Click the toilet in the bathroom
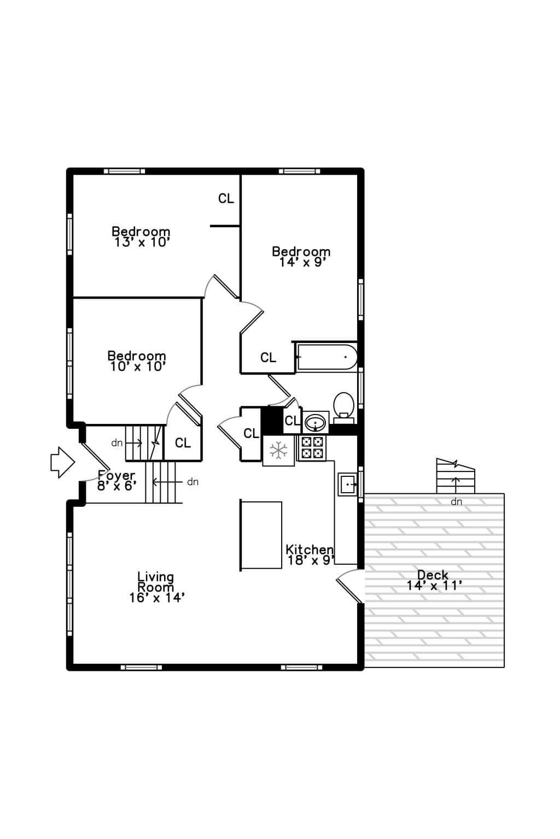click(x=343, y=407)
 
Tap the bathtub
click(x=326, y=357)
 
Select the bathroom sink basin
click(x=316, y=423)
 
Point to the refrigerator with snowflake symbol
click(x=278, y=450)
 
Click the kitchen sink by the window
click(x=347, y=485)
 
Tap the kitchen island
click(x=261, y=535)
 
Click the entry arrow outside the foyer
click(x=63, y=462)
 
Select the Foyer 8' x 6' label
click(x=116, y=481)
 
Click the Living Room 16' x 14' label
click(x=156, y=587)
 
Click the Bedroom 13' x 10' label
click(x=142, y=237)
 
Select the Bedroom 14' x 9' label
click(x=301, y=257)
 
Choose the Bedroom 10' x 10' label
click(x=137, y=361)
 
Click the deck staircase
click(x=456, y=476)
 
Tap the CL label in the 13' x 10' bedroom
click(x=226, y=198)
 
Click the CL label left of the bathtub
click(x=268, y=358)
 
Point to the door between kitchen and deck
click(x=350, y=586)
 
